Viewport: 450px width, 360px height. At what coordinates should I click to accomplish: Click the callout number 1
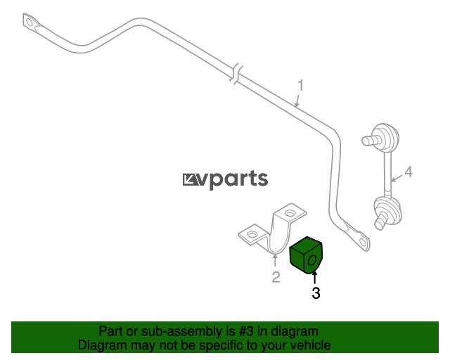pos(300,86)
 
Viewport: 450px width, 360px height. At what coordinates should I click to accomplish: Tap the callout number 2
pos(276,277)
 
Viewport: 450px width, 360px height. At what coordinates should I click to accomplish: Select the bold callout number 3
pos(316,293)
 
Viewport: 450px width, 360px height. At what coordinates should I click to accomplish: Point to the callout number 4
pos(409,172)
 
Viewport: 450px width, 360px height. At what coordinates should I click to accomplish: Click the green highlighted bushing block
pos(306,255)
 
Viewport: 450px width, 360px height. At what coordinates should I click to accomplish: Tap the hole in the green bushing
pos(311,260)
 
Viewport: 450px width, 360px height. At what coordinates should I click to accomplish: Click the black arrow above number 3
pos(315,278)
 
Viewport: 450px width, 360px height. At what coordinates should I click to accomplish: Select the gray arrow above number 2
pos(275,261)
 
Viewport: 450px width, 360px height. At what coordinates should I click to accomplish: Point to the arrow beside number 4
pos(397,178)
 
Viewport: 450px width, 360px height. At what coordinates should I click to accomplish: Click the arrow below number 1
pos(297,101)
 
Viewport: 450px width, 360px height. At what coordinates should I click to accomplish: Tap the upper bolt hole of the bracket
pos(290,213)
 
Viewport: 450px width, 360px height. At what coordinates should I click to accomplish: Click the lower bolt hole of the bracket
pos(252,234)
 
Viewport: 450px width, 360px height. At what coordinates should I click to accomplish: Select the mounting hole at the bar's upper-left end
pos(29,22)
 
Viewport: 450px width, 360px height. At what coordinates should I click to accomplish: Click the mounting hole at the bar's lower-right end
pos(363,243)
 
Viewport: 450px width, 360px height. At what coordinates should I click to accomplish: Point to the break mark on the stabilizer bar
pos(236,75)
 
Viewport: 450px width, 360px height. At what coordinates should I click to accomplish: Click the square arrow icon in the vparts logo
pos(190,180)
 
